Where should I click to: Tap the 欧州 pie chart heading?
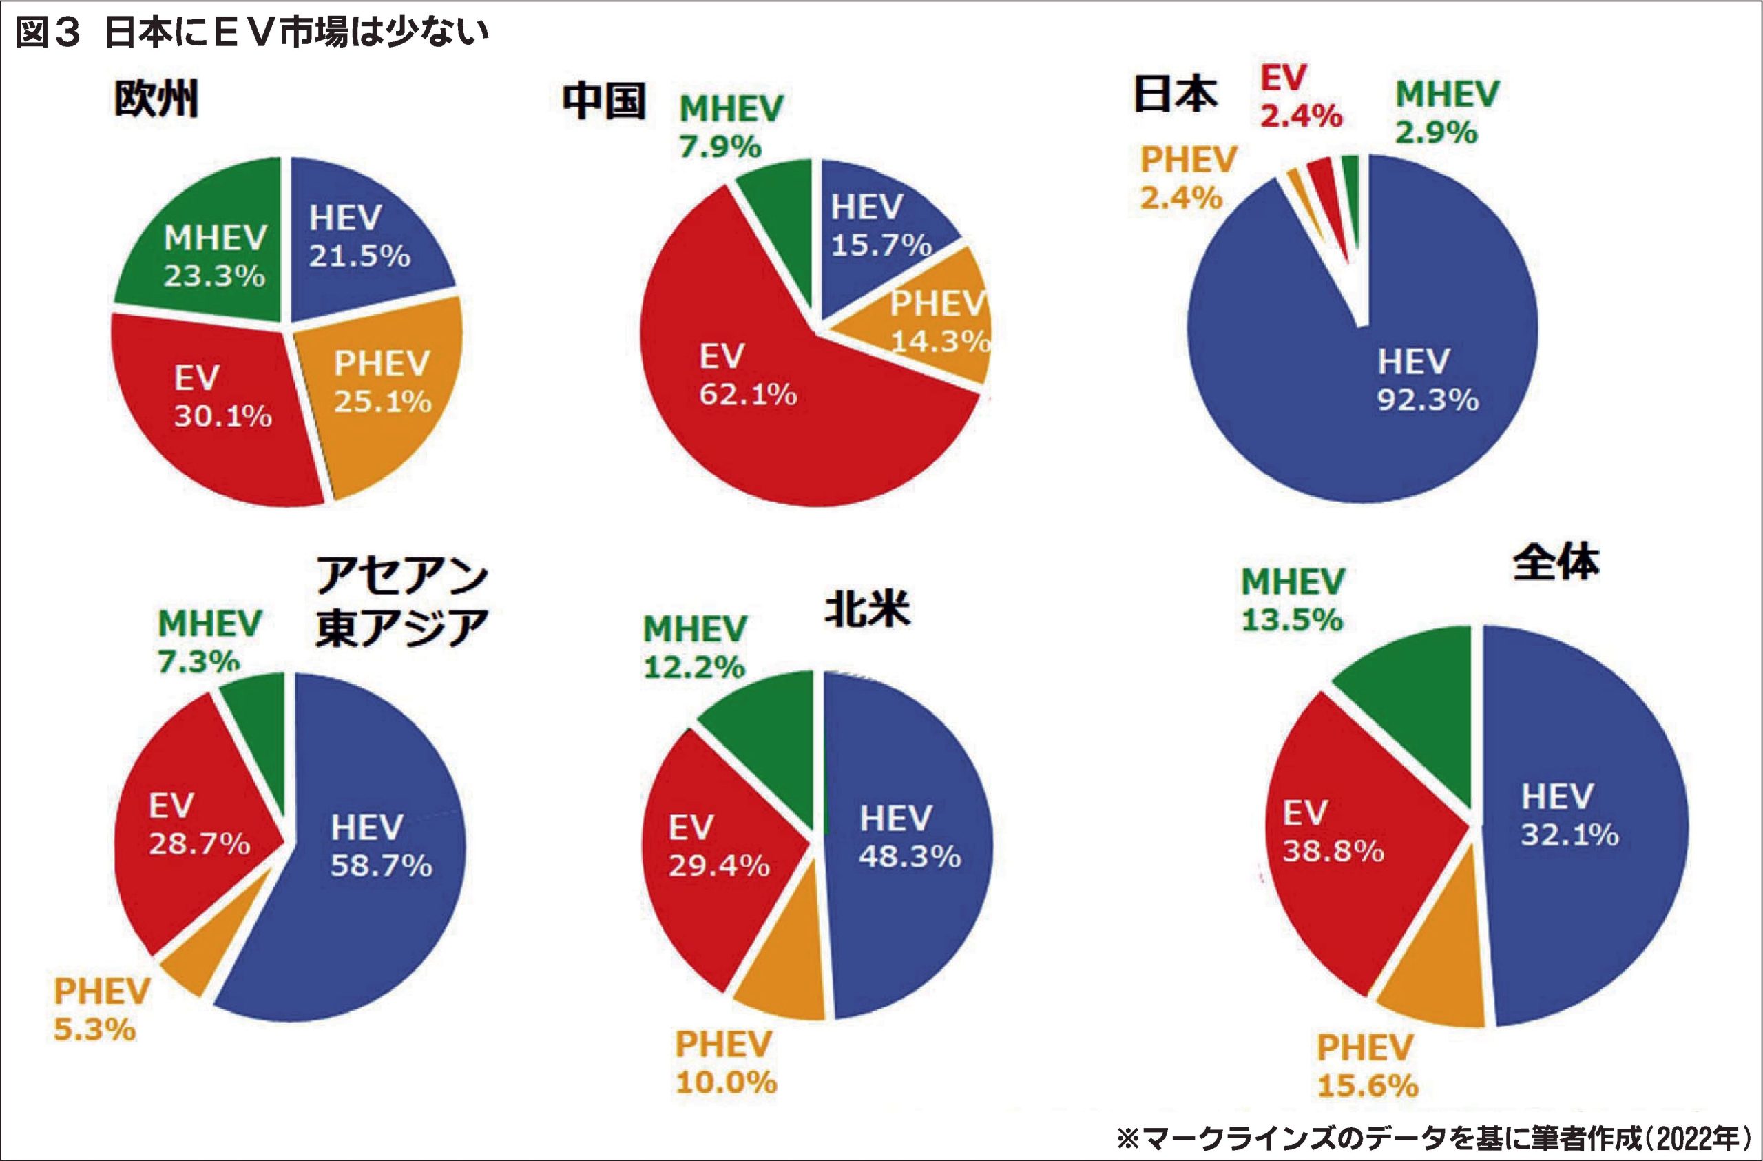156,99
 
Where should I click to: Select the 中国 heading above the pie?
604,101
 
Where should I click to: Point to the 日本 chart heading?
1175,95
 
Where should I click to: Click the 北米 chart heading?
866,610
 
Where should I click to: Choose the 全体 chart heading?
1556,563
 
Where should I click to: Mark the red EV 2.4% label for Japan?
1301,97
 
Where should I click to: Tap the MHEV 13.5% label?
1292,600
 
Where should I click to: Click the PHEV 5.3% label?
101,1010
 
